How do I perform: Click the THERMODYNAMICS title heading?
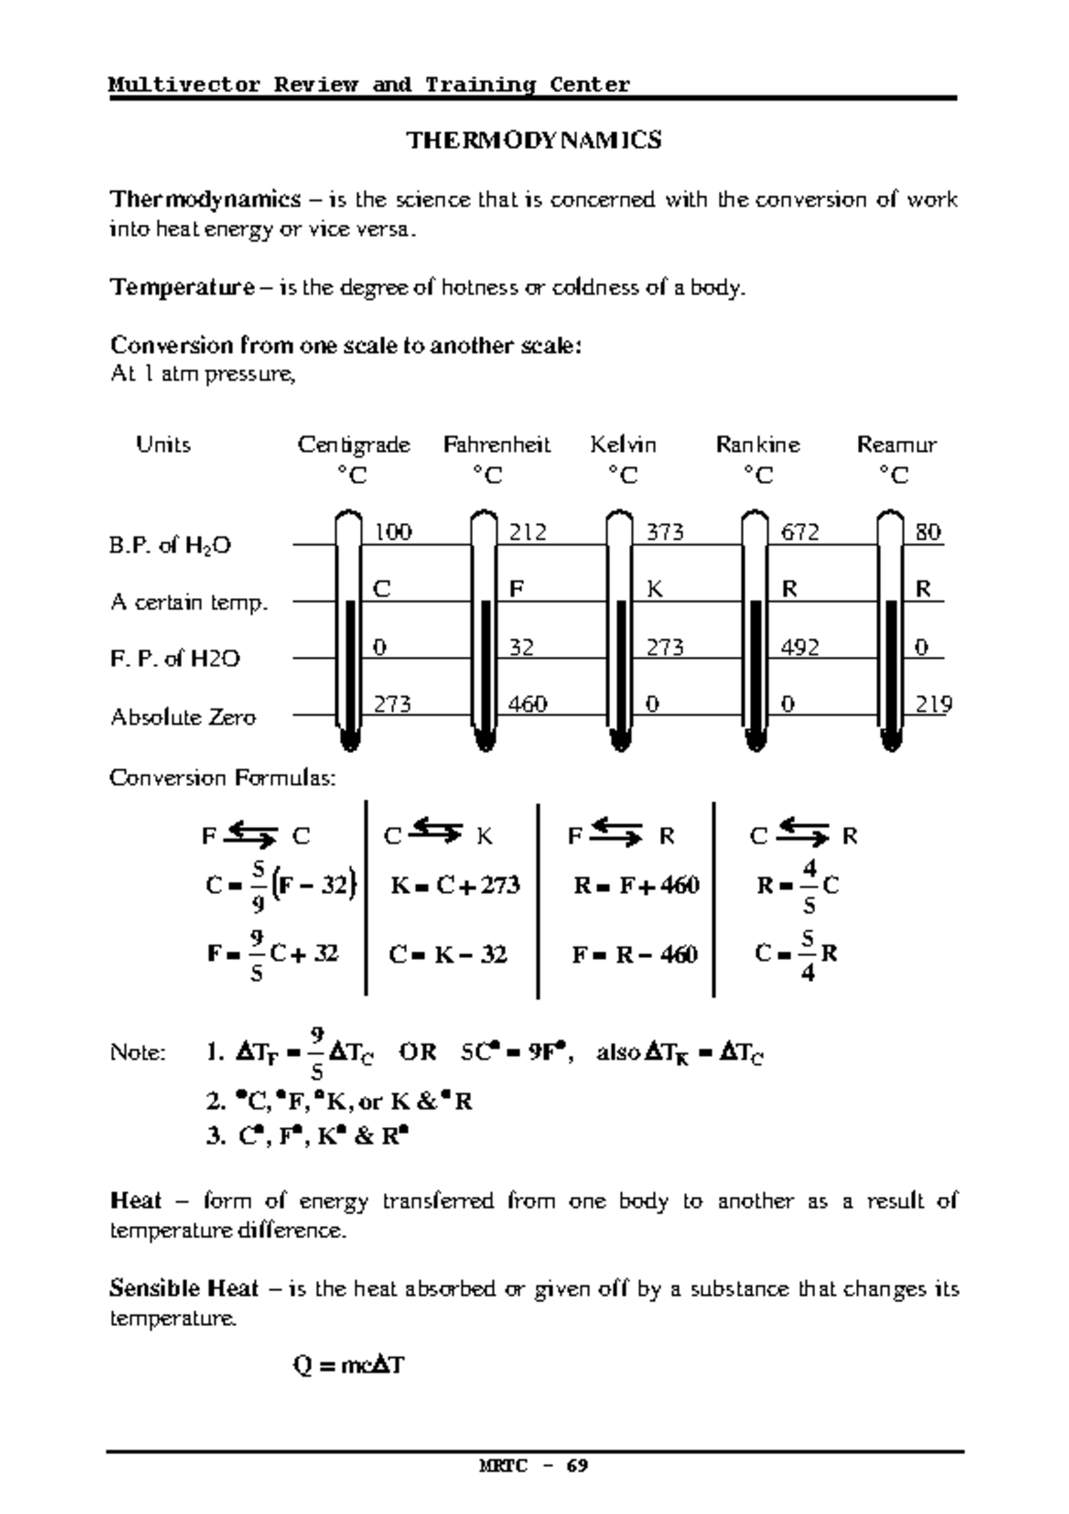534,141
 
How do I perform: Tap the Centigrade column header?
354,445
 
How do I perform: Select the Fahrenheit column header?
496,445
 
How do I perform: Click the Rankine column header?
757,445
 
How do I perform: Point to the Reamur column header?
896,445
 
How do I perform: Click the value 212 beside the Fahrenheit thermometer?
527,533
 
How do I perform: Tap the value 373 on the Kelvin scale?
665,533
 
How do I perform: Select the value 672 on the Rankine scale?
800,533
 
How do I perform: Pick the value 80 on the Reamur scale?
927,533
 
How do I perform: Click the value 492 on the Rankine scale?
799,648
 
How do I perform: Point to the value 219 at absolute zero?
934,705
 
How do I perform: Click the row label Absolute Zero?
183,717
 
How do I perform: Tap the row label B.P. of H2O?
170,545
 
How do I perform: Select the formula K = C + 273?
455,886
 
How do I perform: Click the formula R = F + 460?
636,886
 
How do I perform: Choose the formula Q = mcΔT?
348,1365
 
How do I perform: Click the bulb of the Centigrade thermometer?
350,738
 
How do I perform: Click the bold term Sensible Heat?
184,1289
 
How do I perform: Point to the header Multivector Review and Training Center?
369,85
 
